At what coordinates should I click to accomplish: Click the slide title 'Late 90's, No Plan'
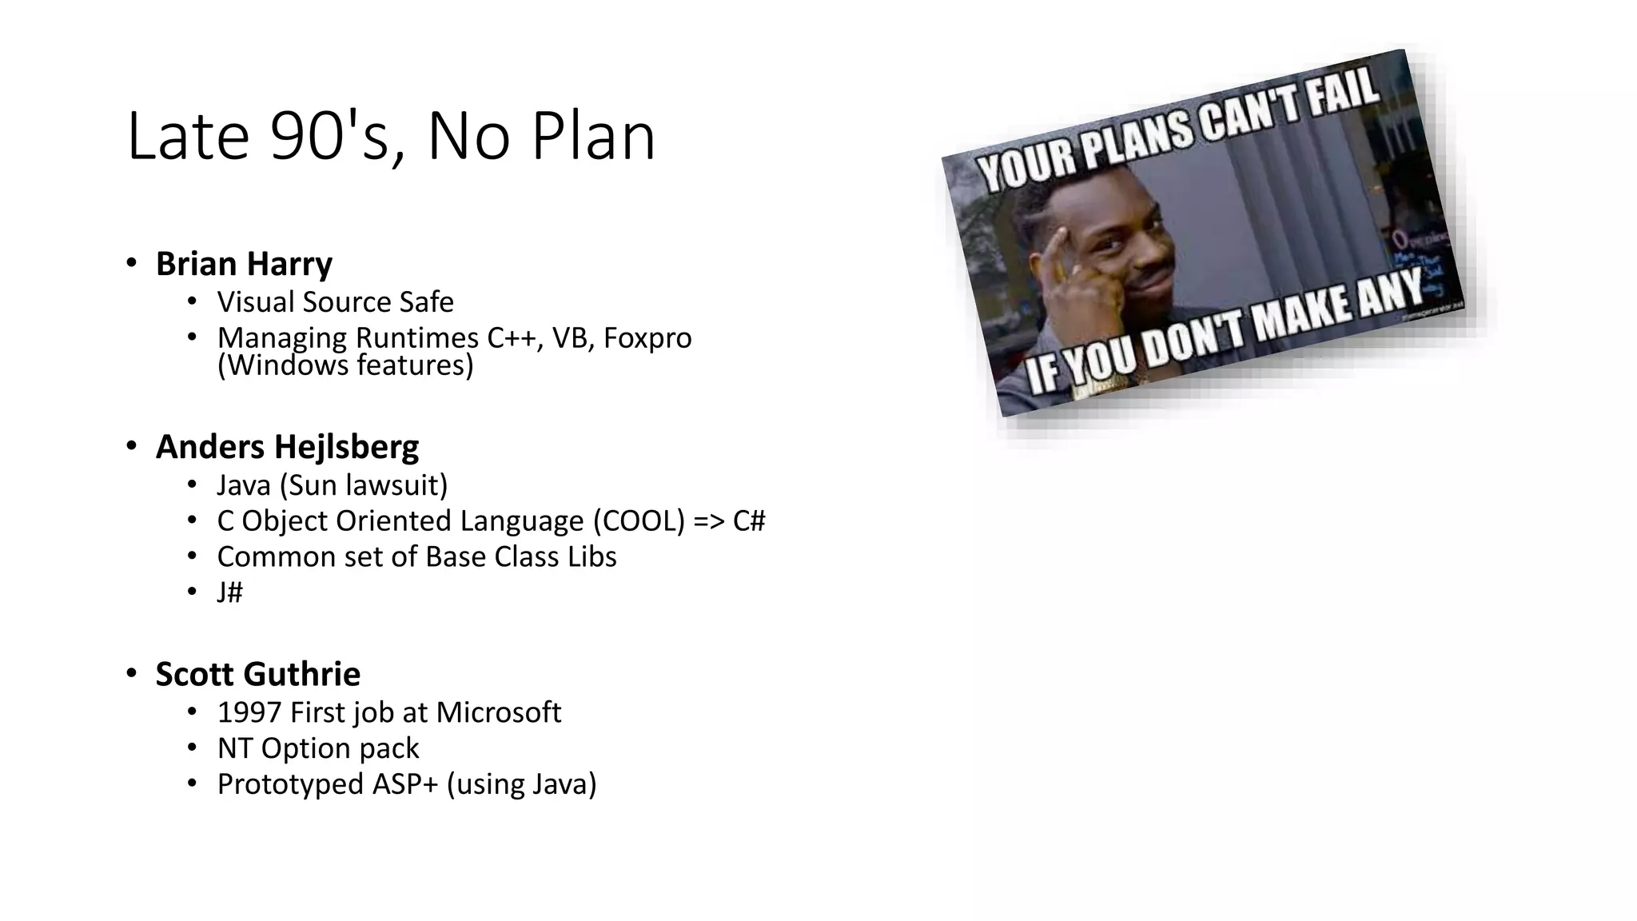pos(391,137)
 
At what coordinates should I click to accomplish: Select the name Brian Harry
pos(244,264)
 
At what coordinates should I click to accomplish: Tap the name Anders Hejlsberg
pos(287,447)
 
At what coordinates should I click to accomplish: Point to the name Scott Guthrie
pos(257,674)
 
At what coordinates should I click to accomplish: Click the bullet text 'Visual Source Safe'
pos(335,302)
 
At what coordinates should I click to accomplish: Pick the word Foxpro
pos(647,338)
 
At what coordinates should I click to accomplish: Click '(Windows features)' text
pos(345,365)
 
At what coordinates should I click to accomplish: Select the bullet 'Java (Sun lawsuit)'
pos(332,485)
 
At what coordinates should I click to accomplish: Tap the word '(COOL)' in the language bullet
pos(639,521)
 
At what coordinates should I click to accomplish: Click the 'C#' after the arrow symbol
pos(749,521)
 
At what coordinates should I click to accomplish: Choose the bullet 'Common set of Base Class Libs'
pos(416,557)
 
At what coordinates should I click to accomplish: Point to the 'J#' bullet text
pos(229,592)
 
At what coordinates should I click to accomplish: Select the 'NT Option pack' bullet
pos(317,748)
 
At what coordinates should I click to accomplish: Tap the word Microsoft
pos(498,712)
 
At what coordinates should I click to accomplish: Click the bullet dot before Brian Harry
pos(131,263)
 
